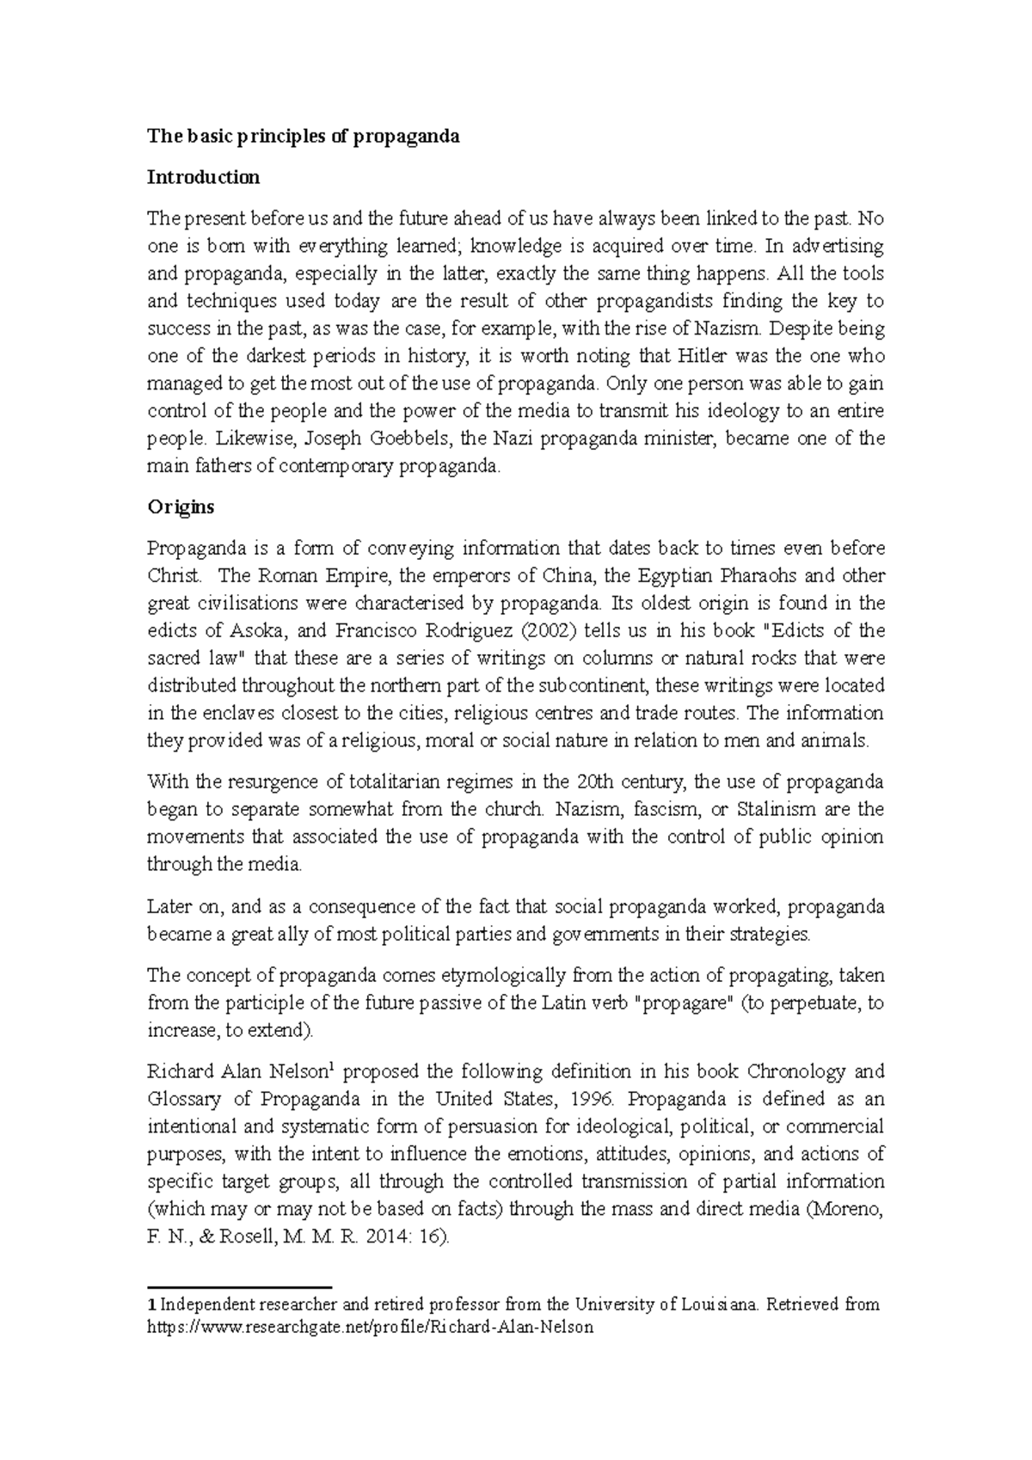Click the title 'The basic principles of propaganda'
click(x=304, y=136)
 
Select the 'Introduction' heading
click(x=203, y=177)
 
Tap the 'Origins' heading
click(x=181, y=506)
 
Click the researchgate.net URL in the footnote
click(x=371, y=1327)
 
